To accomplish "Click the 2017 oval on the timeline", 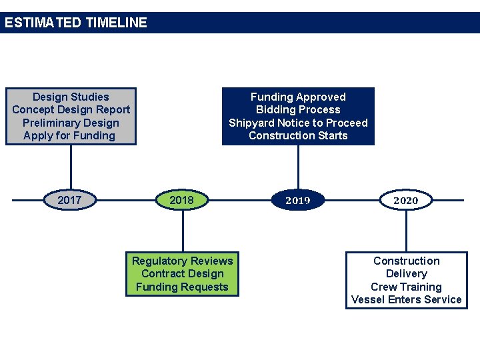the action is (70, 200).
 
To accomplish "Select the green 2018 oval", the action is (182, 200).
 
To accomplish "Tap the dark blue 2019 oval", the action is (298, 200).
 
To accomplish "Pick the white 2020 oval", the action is (405, 200).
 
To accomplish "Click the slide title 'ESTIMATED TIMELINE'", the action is (75, 23).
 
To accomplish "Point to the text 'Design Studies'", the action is (71, 97).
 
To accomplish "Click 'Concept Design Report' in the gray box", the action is (71, 109).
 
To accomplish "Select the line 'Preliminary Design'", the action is (71, 123).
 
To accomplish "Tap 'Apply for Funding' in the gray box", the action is (69, 135).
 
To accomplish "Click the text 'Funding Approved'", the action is (298, 97).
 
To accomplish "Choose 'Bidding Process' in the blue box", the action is (298, 109).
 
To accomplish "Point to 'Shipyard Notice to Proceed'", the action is (298, 123).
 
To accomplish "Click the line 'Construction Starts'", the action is (298, 135).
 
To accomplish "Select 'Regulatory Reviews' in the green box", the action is (183, 261).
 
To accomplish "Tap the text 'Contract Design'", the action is (183, 273).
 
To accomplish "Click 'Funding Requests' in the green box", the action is (182, 287).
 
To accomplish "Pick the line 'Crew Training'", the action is (406, 287).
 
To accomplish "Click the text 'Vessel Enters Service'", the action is (406, 299).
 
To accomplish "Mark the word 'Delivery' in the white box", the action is (406, 273).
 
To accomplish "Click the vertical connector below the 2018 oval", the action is (183, 230).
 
